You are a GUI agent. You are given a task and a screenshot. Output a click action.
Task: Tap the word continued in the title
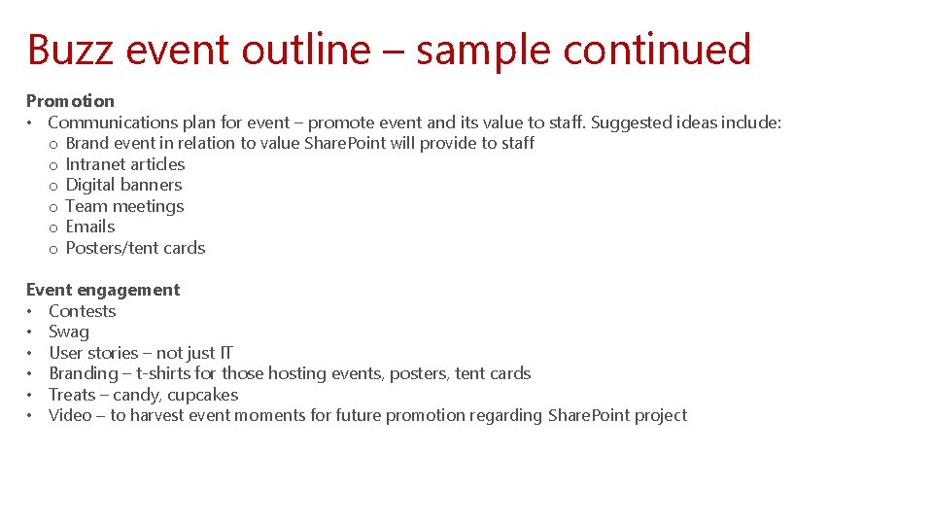click(x=657, y=50)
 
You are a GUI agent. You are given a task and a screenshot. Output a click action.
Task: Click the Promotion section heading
click(x=70, y=101)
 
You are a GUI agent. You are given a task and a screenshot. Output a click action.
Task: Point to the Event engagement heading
click(x=103, y=290)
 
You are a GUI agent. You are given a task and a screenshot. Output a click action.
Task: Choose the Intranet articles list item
click(x=124, y=164)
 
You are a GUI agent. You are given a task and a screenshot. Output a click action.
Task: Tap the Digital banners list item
click(x=123, y=185)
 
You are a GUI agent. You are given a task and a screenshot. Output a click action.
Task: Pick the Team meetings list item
click(x=124, y=206)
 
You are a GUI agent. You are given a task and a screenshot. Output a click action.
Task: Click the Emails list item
click(x=90, y=227)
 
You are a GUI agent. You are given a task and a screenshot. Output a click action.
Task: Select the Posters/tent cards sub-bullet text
click(x=135, y=248)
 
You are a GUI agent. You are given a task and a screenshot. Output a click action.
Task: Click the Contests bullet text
click(x=83, y=311)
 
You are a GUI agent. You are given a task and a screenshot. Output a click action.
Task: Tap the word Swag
click(x=69, y=332)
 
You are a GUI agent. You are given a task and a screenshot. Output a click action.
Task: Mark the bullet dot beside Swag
click(x=31, y=332)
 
